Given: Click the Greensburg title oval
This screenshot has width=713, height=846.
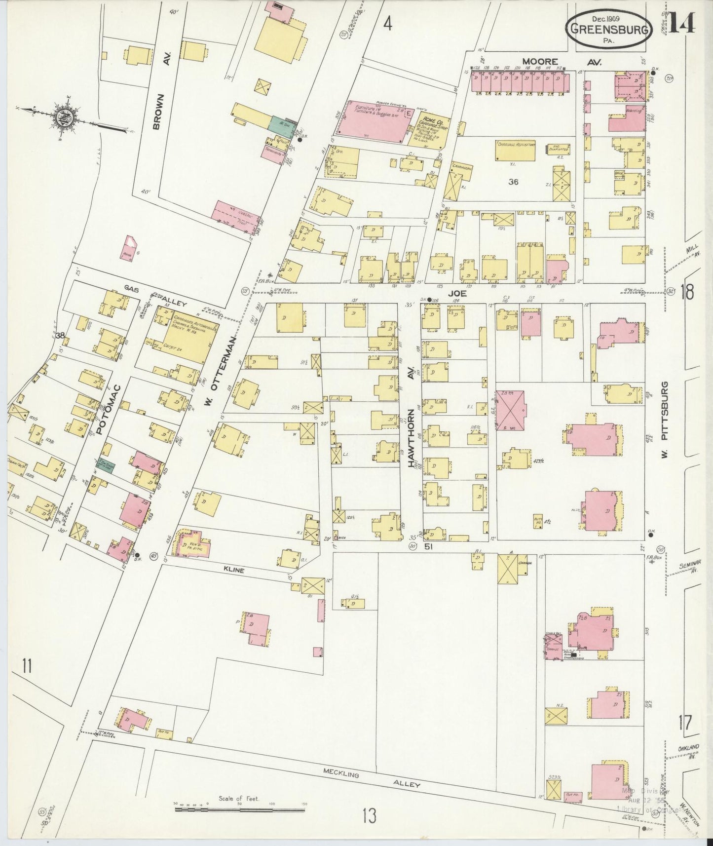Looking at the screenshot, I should pyautogui.click(x=609, y=29).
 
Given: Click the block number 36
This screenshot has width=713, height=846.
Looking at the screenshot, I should pyautogui.click(x=513, y=182).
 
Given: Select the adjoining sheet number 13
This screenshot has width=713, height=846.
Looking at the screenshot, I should pyautogui.click(x=369, y=815).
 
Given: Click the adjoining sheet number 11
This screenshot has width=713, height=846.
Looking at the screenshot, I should pyautogui.click(x=27, y=666).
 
